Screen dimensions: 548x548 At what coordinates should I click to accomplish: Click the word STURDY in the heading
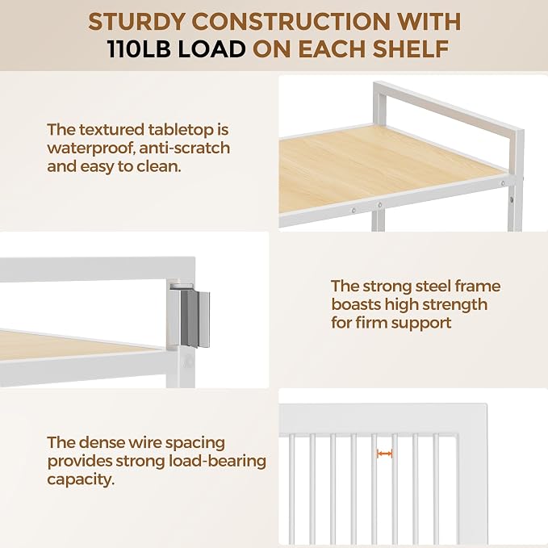click(x=136, y=22)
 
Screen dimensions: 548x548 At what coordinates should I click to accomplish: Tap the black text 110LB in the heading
click(x=139, y=48)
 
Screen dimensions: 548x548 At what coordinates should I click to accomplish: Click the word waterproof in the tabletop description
click(x=91, y=149)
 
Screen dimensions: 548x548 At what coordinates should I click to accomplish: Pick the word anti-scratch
click(x=185, y=148)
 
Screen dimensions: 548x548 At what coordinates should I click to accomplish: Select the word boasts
click(x=356, y=304)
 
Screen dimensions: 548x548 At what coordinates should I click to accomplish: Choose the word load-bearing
click(x=218, y=462)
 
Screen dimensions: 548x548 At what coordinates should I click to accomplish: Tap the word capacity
click(x=81, y=480)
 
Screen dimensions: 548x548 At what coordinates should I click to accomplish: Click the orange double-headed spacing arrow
click(x=384, y=454)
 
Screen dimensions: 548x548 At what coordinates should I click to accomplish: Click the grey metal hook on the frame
click(x=195, y=319)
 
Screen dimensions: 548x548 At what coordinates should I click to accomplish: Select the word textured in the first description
click(x=111, y=130)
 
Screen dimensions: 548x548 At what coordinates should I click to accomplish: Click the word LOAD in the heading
click(x=211, y=48)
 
